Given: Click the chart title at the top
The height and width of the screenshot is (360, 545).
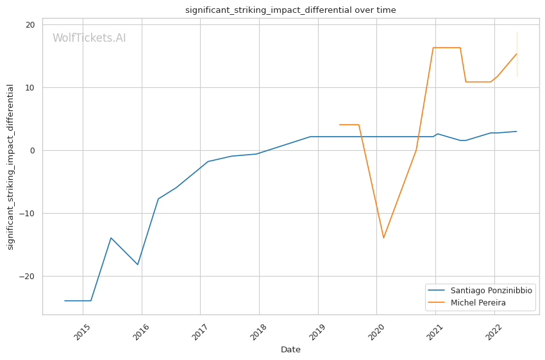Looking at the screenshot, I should [x=290, y=10].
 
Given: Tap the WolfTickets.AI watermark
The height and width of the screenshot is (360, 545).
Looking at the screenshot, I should [x=89, y=39].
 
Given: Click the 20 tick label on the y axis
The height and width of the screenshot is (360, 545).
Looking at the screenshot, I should [x=30, y=25].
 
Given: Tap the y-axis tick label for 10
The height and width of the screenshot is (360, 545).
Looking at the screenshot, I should [x=30, y=88].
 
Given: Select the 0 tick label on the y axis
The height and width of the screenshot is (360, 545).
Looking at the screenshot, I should [x=33, y=151].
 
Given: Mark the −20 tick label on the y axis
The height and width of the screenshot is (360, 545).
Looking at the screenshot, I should [x=28, y=277].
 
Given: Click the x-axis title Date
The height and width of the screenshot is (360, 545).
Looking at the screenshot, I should [x=290, y=350].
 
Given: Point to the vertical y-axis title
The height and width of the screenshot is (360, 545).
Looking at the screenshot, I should [x=11, y=167].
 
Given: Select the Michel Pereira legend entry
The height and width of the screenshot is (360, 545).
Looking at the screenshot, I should [x=478, y=302].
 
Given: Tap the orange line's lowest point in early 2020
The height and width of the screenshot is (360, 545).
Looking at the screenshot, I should [x=383, y=238].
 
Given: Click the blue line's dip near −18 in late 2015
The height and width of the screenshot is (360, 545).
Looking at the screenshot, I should [x=138, y=264].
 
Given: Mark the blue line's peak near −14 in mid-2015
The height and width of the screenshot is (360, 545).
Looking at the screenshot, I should [x=111, y=237].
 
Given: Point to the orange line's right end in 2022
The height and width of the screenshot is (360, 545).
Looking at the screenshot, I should [x=517, y=53].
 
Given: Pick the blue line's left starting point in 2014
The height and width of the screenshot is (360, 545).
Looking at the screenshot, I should [x=65, y=300].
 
